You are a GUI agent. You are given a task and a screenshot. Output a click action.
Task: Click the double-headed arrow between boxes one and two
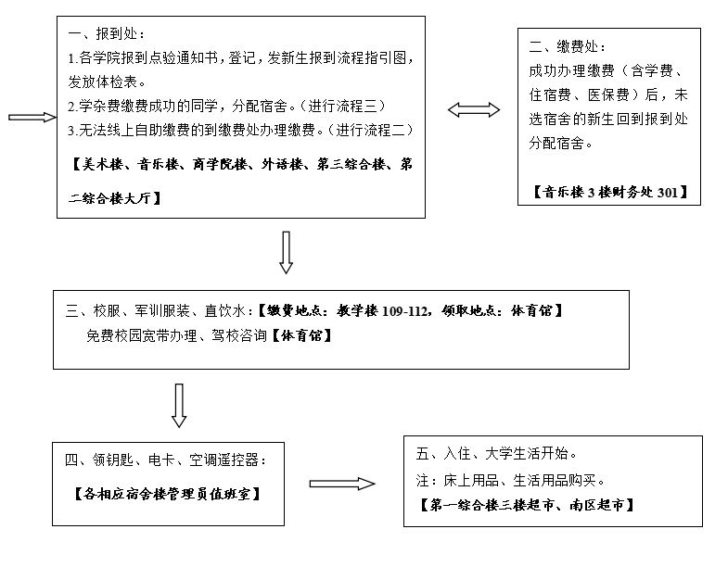coord(473,110)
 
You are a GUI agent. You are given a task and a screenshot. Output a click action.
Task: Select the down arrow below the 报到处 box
coord(286,253)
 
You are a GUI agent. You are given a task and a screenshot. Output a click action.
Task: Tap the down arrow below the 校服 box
coord(179,405)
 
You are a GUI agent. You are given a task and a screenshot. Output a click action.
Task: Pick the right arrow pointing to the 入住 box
coord(342,484)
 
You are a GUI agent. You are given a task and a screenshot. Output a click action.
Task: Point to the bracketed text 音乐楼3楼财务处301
coord(609,192)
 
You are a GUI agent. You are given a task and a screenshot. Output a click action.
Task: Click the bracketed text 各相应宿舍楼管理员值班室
coord(166,493)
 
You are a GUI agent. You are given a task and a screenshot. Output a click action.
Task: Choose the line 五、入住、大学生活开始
coord(498,454)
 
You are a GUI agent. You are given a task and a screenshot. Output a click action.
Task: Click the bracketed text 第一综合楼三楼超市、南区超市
coord(527,506)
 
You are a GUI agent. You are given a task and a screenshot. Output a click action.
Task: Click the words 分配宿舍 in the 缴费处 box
coord(559,144)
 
